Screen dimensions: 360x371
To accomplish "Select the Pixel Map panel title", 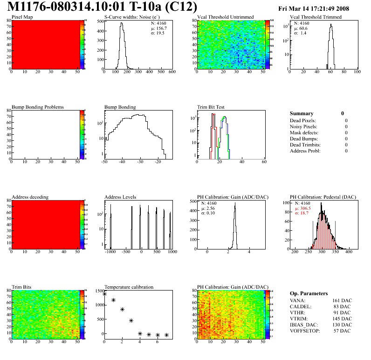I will click(x=22, y=17).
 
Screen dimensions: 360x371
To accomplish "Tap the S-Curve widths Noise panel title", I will click(x=134, y=17).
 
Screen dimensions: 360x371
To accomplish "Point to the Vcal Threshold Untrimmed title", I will click(x=226, y=17).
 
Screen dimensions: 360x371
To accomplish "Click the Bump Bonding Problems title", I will click(x=38, y=107).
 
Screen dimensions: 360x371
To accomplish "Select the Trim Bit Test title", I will click(x=211, y=107).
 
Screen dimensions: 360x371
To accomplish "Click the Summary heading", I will click(x=302, y=113).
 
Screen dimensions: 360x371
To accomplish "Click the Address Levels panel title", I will click(x=121, y=197).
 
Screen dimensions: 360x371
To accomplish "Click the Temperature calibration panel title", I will click(x=129, y=287).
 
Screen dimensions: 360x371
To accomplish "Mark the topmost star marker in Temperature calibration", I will click(x=104, y=294).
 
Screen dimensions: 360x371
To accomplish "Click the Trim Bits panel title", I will click(x=21, y=287).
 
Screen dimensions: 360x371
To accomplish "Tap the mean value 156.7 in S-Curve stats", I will click(x=161, y=28).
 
